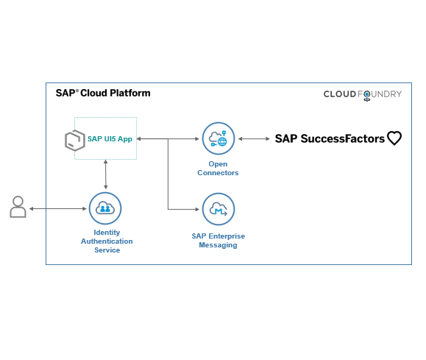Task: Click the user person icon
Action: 18,208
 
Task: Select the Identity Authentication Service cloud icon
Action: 105,208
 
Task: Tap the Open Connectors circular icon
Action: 218,138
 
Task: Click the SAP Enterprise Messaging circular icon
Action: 218,209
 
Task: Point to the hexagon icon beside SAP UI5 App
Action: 74,140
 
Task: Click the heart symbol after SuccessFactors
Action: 394,138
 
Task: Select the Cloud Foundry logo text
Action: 363,94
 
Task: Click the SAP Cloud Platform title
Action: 103,93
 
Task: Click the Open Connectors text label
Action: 218,169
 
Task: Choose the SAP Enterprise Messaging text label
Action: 218,241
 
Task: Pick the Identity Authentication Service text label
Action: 107,241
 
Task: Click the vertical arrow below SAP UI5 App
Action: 107,175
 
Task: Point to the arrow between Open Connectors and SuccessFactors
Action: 254,138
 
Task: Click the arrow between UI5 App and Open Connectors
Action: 169,138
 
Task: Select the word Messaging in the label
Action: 218,245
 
